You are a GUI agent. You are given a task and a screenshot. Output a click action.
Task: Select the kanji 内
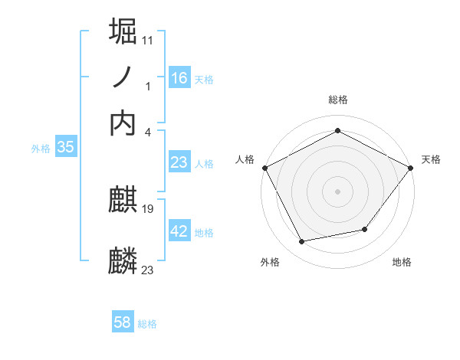coord(123,122)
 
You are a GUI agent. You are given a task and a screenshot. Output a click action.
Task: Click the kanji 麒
coord(123,200)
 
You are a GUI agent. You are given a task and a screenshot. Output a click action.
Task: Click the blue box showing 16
coord(179,78)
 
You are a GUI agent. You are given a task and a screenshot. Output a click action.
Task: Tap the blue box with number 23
coord(179,162)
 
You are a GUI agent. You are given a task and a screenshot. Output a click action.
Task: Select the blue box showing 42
coord(179,231)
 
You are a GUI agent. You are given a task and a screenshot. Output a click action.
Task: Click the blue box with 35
coord(65,148)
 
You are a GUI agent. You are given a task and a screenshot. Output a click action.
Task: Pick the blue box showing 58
coord(123,322)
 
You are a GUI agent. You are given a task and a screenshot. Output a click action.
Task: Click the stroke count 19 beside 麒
coord(148,208)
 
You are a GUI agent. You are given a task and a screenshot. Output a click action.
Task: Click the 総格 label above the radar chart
coord(338,100)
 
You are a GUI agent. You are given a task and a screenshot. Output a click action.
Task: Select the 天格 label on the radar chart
coord(431,159)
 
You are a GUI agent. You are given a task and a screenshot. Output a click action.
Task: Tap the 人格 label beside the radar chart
coord(245,159)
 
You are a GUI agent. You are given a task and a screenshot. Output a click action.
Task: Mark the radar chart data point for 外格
coord(302,242)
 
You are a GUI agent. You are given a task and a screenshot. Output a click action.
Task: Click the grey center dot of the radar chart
coord(338,191)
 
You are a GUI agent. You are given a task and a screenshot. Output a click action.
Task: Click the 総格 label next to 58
coord(147,324)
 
